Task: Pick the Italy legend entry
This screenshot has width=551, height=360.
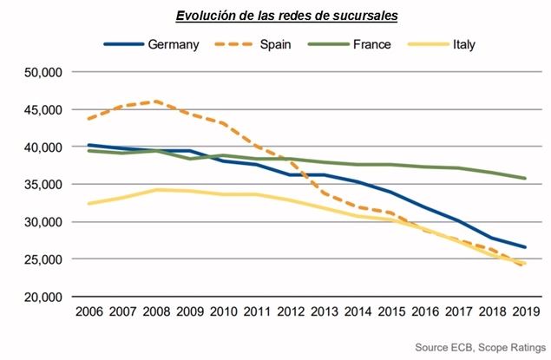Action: (x=463, y=43)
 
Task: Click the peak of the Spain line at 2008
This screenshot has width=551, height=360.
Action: (x=157, y=101)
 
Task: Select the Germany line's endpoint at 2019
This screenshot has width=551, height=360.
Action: (x=524, y=247)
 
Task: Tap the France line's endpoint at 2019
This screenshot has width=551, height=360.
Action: (x=524, y=179)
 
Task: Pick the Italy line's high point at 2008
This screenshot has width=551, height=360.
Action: (x=157, y=189)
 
